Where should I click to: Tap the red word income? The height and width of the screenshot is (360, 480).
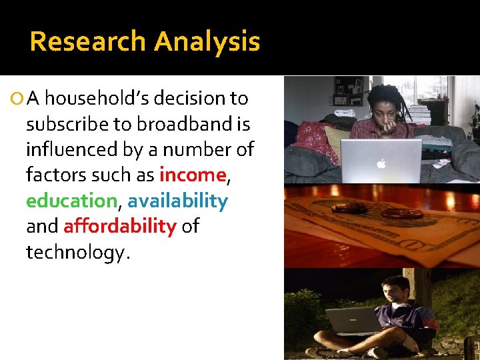click(193, 175)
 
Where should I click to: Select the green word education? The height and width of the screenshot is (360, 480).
click(71, 201)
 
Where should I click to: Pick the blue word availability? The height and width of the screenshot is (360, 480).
click(177, 201)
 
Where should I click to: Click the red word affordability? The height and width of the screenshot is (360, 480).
click(119, 226)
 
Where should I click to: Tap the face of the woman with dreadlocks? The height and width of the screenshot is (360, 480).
click(382, 113)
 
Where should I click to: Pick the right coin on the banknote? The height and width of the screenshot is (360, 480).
click(401, 213)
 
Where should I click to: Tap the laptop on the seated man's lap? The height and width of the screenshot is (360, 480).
click(353, 321)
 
